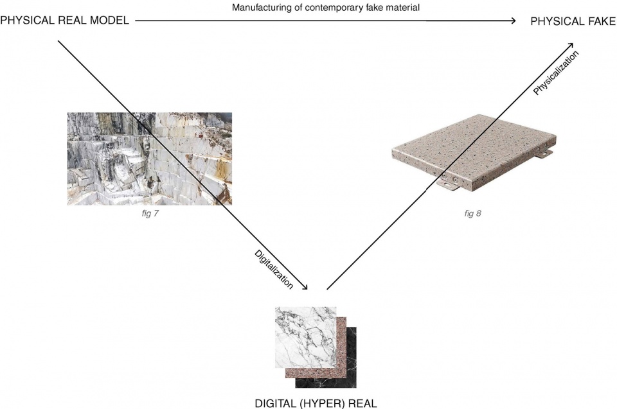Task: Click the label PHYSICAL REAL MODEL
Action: [64, 21]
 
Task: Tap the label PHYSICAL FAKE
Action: [573, 21]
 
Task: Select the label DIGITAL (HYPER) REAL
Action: [316, 403]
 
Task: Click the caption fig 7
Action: [150, 214]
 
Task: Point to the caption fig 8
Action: [472, 214]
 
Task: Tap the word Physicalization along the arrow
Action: [556, 73]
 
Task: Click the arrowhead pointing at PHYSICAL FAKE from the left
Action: [513, 21]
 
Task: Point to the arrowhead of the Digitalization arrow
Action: [304, 288]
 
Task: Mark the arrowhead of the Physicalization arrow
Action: [570, 46]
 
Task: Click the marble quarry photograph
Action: [150, 159]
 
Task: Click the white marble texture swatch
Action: [306, 338]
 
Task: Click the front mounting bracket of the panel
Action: [449, 181]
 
